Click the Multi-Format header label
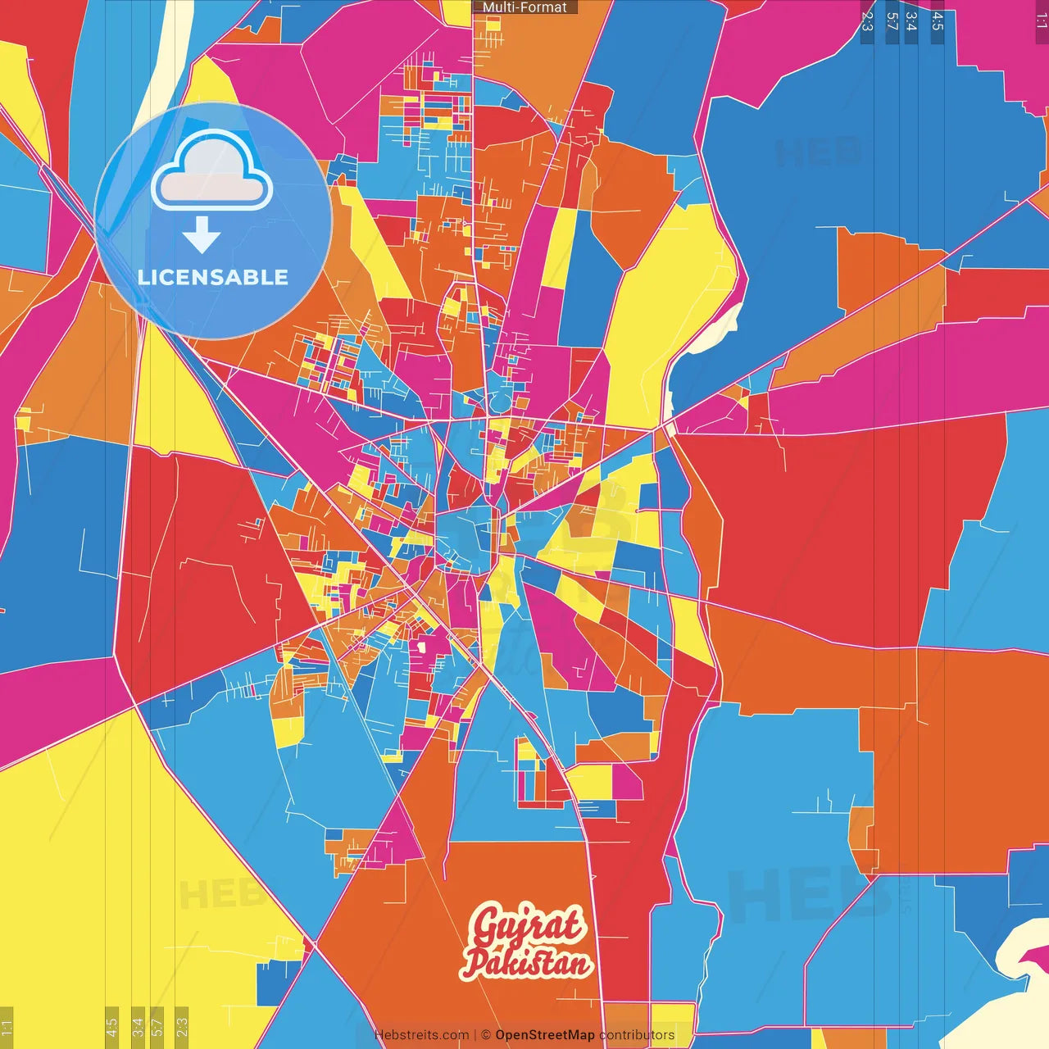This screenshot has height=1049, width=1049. [524, 7]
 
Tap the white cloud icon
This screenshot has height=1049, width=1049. [212, 171]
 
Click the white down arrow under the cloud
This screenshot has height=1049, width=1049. [202, 235]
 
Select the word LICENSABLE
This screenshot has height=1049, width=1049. [213, 277]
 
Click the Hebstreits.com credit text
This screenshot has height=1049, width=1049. [421, 1035]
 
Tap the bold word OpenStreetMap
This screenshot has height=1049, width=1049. [544, 1035]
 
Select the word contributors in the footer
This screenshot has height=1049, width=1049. [637, 1035]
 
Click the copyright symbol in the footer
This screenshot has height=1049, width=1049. [485, 1035]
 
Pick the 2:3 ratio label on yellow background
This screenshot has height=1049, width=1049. [181, 1027]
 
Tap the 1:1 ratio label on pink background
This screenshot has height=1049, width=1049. [1041, 20]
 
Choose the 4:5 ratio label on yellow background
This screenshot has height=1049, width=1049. [111, 1027]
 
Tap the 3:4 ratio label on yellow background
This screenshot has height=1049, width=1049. [138, 1027]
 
